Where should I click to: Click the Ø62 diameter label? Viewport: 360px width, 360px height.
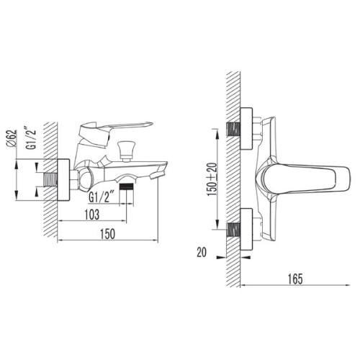coord(12,138)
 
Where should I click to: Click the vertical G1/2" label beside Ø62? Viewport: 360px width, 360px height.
coord(31,139)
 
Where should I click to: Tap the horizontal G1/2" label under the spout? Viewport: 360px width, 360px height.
coord(102,197)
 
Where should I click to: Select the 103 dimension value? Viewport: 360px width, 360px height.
coord(92,215)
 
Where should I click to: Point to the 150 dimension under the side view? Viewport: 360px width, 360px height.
coord(107,234)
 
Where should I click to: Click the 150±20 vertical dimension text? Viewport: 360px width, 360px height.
coord(212,179)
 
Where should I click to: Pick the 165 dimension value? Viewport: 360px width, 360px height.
coord(295,279)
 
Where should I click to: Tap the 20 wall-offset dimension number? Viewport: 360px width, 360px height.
coord(202,252)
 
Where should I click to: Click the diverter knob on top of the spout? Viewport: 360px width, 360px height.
coord(125,150)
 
